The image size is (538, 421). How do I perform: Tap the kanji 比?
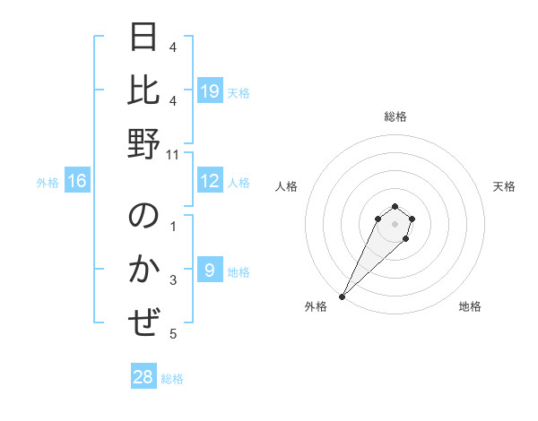144,91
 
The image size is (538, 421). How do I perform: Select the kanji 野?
144,143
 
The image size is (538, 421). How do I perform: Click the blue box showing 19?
210,91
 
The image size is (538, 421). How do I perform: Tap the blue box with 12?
210,182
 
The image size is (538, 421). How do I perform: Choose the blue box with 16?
77,182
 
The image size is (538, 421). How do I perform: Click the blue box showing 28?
143,378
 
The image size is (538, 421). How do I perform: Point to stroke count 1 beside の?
173,227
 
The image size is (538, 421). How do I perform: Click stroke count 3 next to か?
173,280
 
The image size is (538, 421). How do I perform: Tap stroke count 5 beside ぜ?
173,334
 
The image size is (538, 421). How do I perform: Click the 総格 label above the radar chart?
395,116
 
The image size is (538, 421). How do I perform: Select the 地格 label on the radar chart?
470,306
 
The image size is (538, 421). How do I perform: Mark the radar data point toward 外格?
343,296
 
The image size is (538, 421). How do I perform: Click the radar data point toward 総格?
395,207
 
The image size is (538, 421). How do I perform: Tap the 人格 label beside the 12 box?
239,183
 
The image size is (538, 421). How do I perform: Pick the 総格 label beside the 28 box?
172,379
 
